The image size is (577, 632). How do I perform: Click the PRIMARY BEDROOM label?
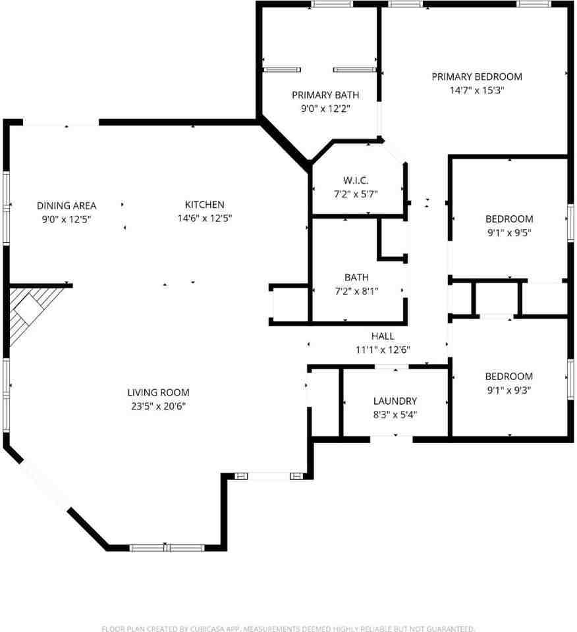pyautogui.click(x=477, y=76)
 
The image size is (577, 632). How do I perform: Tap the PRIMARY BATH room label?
pyautogui.click(x=325, y=95)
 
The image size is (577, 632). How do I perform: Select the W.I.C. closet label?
pyautogui.click(x=356, y=180)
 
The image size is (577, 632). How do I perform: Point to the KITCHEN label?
pyautogui.click(x=204, y=205)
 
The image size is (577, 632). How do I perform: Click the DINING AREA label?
pyautogui.click(x=67, y=206)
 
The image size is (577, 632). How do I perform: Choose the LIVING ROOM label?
pyautogui.click(x=158, y=392)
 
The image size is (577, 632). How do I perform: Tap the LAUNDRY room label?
pyautogui.click(x=395, y=401)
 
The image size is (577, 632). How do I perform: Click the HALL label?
pyautogui.click(x=383, y=336)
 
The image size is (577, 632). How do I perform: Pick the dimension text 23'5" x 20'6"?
pyautogui.click(x=158, y=406)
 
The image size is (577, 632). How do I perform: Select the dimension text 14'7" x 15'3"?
pyautogui.click(x=477, y=90)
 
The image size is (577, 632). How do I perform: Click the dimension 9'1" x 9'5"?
pyautogui.click(x=509, y=232)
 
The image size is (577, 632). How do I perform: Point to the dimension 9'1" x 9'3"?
pyautogui.click(x=509, y=390)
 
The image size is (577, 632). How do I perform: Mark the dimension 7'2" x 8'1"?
pyautogui.click(x=356, y=291)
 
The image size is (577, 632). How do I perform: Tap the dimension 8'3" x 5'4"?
pyautogui.click(x=395, y=415)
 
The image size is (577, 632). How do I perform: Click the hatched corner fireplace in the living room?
pyautogui.click(x=30, y=309)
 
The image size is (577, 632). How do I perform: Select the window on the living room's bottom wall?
pyautogui.click(x=167, y=548)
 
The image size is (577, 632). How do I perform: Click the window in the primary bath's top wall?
pyautogui.click(x=331, y=5)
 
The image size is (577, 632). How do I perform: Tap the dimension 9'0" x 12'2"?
pyautogui.click(x=325, y=109)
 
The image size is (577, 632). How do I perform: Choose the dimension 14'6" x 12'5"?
pyautogui.click(x=204, y=219)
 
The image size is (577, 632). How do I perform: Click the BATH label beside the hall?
pyautogui.click(x=356, y=277)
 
